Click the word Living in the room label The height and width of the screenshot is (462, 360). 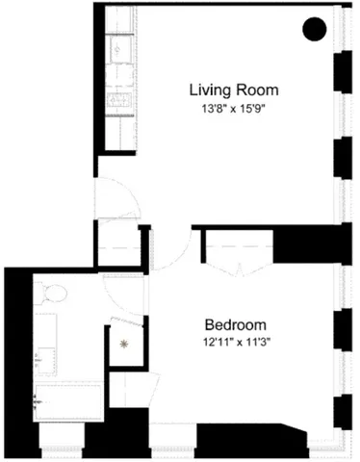click(x=208, y=90)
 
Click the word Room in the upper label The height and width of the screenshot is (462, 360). click(x=251, y=90)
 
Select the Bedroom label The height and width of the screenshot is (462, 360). click(x=235, y=324)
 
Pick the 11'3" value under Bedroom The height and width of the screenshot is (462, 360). click(x=253, y=342)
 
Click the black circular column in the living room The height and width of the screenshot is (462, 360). click(x=314, y=30)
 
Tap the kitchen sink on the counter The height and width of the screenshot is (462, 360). click(x=122, y=47)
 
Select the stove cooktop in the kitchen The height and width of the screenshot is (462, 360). click(x=121, y=99)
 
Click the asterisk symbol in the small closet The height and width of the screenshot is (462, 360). click(x=123, y=341)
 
